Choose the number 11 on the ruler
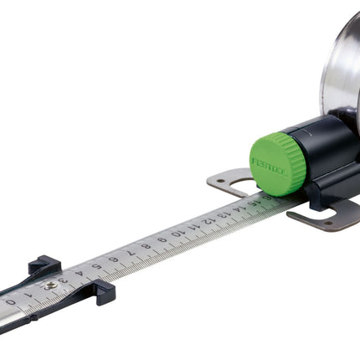tap(193, 227)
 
